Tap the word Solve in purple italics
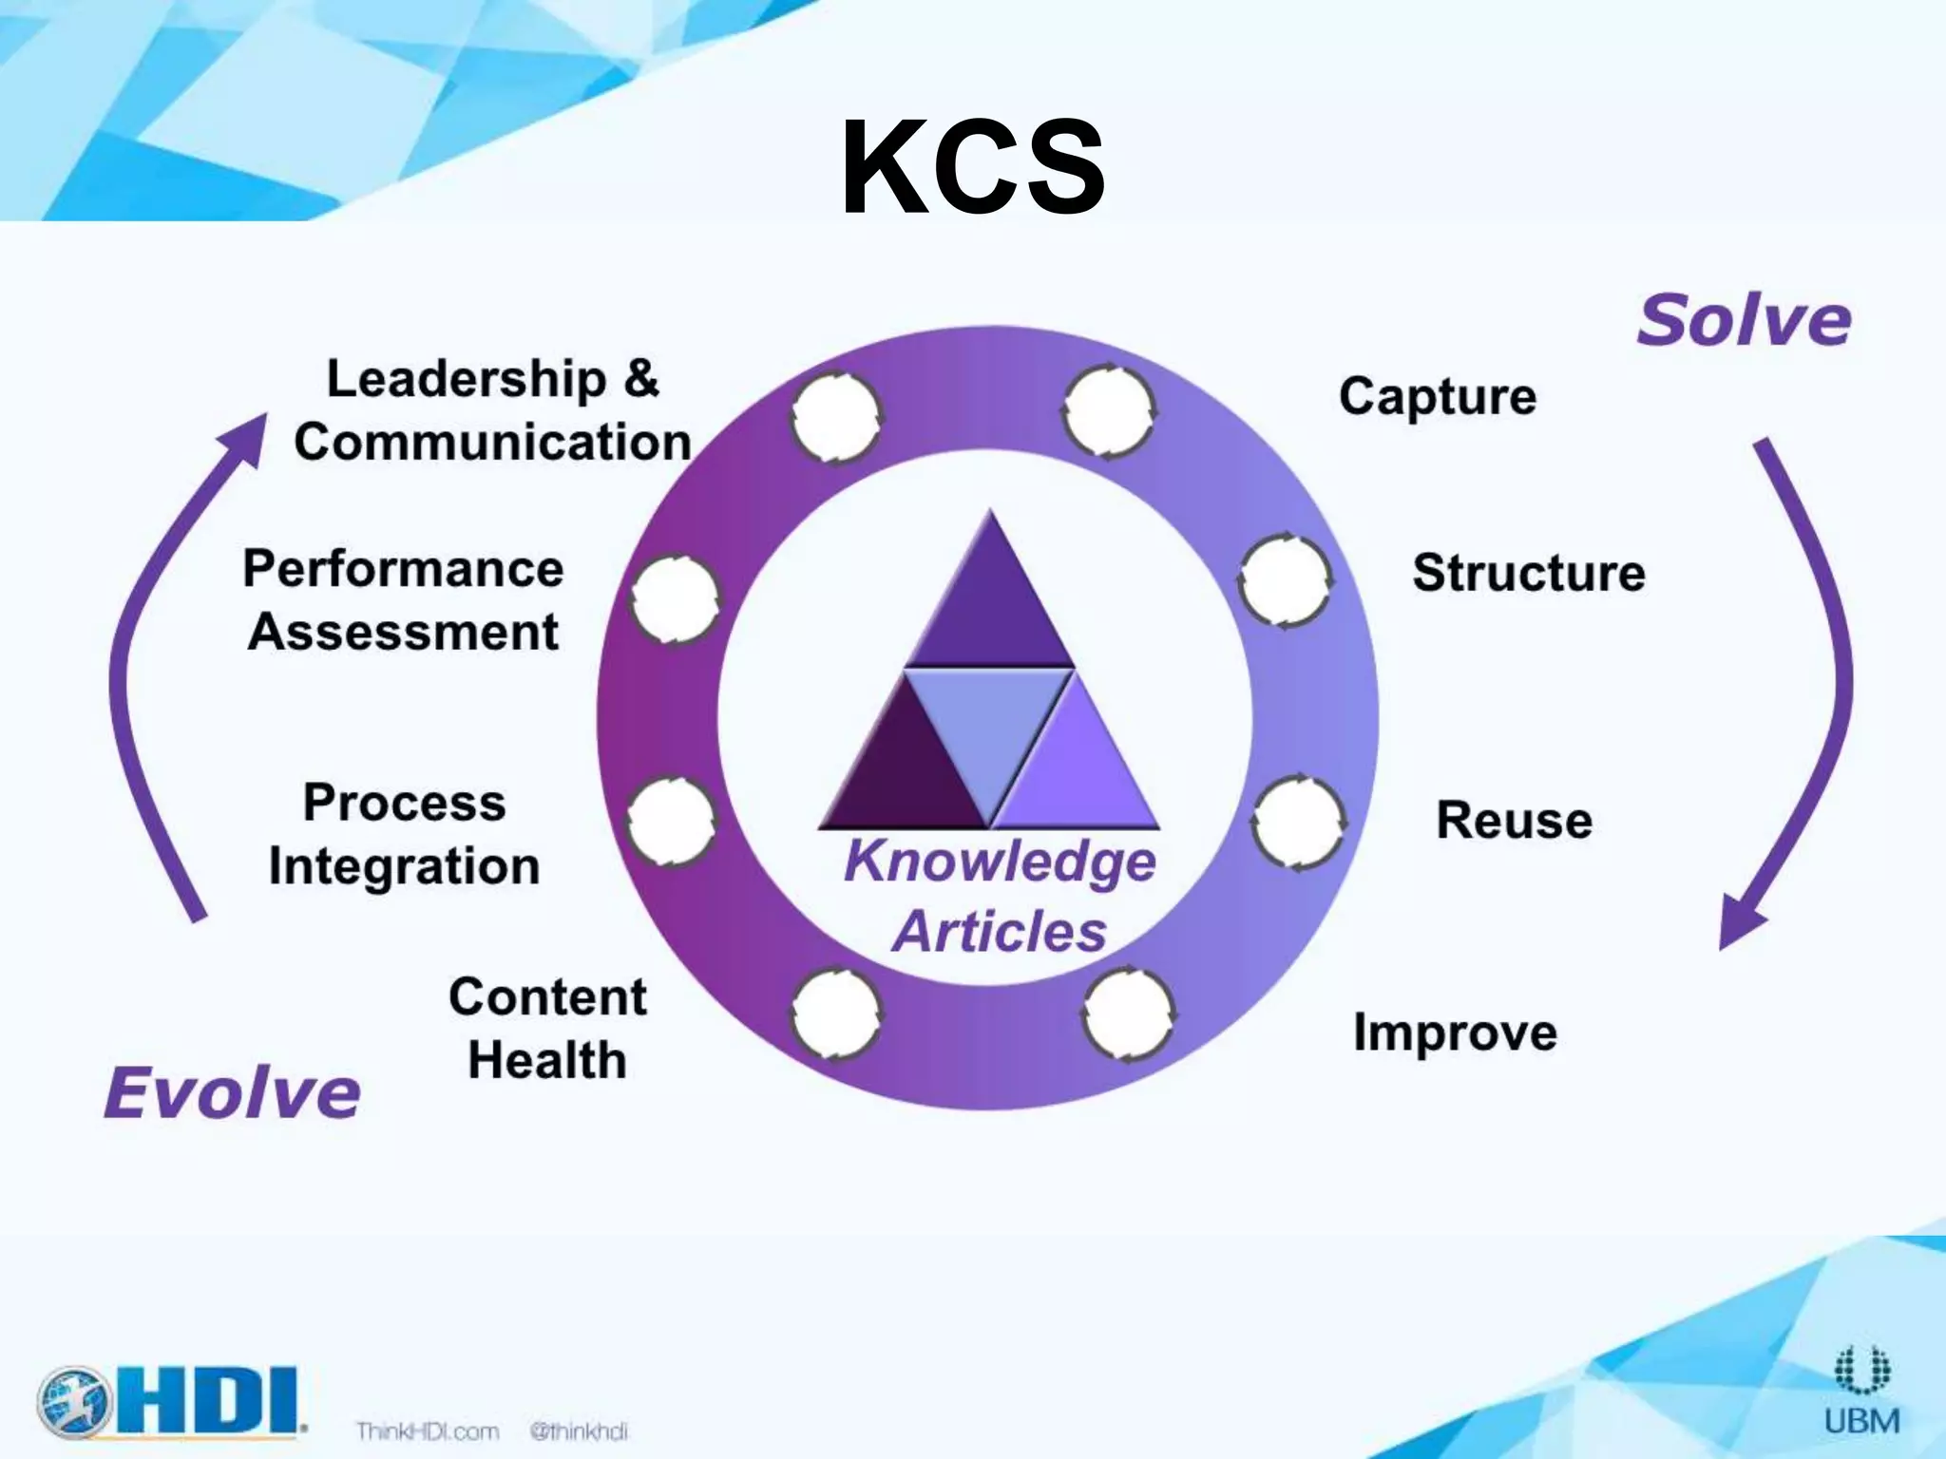pos(1744,321)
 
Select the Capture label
pos(1437,396)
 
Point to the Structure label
pos(1528,573)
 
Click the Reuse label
pos(1514,820)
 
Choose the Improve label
pos(1455,1033)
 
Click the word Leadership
pos(466,379)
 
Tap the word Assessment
pos(404,633)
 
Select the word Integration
pos(404,867)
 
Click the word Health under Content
pos(547,1060)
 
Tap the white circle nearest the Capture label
pos(1108,411)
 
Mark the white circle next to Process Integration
pos(671,822)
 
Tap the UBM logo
pos(1861,1392)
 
